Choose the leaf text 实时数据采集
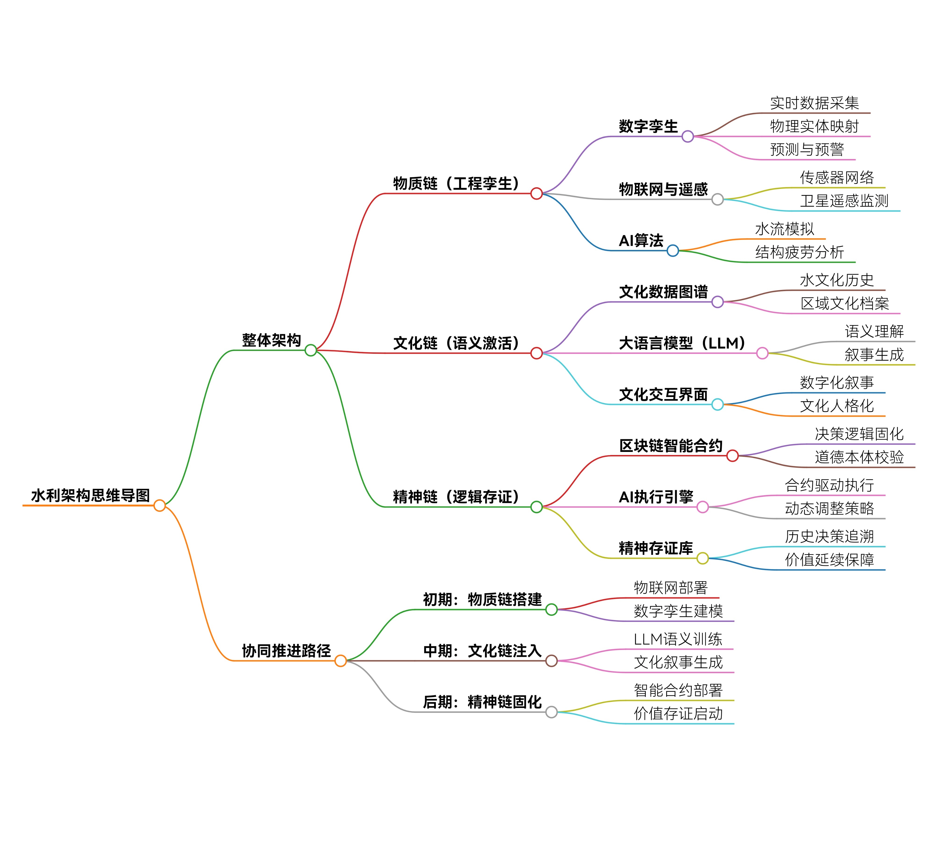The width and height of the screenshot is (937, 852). (814, 103)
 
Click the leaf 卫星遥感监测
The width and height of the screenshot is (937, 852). (844, 201)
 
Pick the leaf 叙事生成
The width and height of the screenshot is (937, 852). (874, 355)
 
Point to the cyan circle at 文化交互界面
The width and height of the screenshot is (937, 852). (718, 404)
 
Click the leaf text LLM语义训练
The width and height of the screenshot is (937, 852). (678, 639)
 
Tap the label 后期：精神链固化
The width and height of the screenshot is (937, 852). (482, 702)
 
